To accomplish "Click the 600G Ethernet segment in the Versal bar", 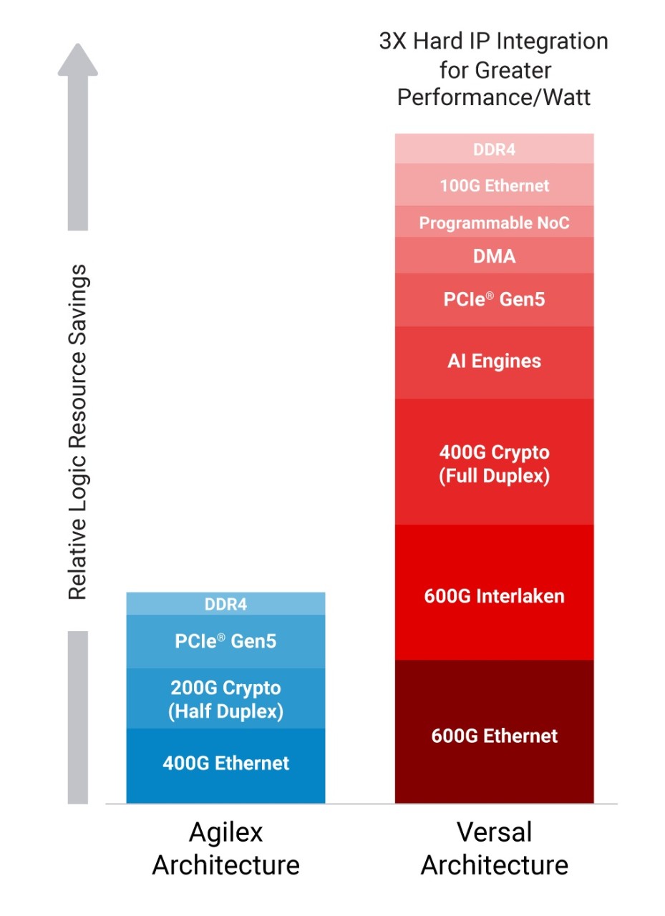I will pyautogui.click(x=494, y=736).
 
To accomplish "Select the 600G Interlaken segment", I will pyautogui.click(x=494, y=595).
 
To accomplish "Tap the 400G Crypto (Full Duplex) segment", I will pyautogui.click(x=494, y=463).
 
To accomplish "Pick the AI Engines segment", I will pyautogui.click(x=494, y=361).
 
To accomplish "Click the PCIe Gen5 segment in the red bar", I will pyautogui.click(x=494, y=299).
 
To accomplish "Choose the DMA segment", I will pyautogui.click(x=494, y=255).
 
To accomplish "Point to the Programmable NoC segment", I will pyautogui.click(x=494, y=223).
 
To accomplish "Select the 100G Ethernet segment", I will pyautogui.click(x=494, y=185).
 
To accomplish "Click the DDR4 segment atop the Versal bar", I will pyautogui.click(x=494, y=150).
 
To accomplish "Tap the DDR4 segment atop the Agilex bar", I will pyautogui.click(x=225, y=604).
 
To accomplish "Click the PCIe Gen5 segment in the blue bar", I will pyautogui.click(x=225, y=640).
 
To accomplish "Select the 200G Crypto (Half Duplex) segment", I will pyautogui.click(x=225, y=699).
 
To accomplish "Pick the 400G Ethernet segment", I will pyautogui.click(x=225, y=763).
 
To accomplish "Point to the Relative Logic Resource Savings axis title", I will pyautogui.click(x=78, y=432).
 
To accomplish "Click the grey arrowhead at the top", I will pyautogui.click(x=77, y=61).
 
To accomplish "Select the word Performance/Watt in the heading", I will pyautogui.click(x=494, y=97).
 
